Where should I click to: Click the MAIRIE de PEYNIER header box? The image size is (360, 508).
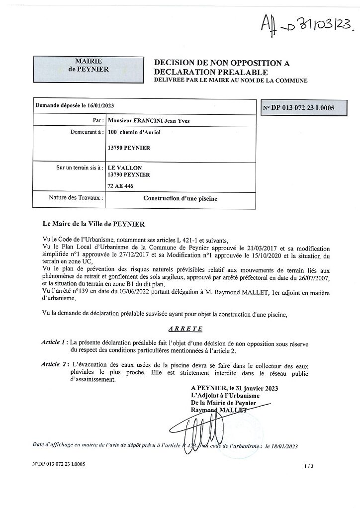(89, 65)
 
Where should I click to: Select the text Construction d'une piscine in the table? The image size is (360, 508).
(180, 198)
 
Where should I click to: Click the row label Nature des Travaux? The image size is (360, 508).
(76, 198)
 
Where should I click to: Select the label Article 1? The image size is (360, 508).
(54, 342)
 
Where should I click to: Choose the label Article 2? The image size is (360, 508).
(54, 364)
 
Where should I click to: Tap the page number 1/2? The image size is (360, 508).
(309, 466)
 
